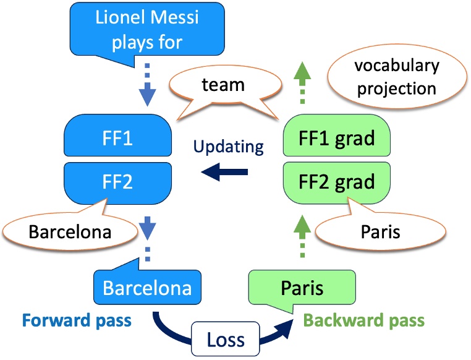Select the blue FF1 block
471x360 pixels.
(x=117, y=135)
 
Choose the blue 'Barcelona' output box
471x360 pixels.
(x=147, y=288)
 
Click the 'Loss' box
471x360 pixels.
(x=224, y=338)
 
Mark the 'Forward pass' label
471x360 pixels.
(x=77, y=320)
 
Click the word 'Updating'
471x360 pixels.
(x=228, y=147)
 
